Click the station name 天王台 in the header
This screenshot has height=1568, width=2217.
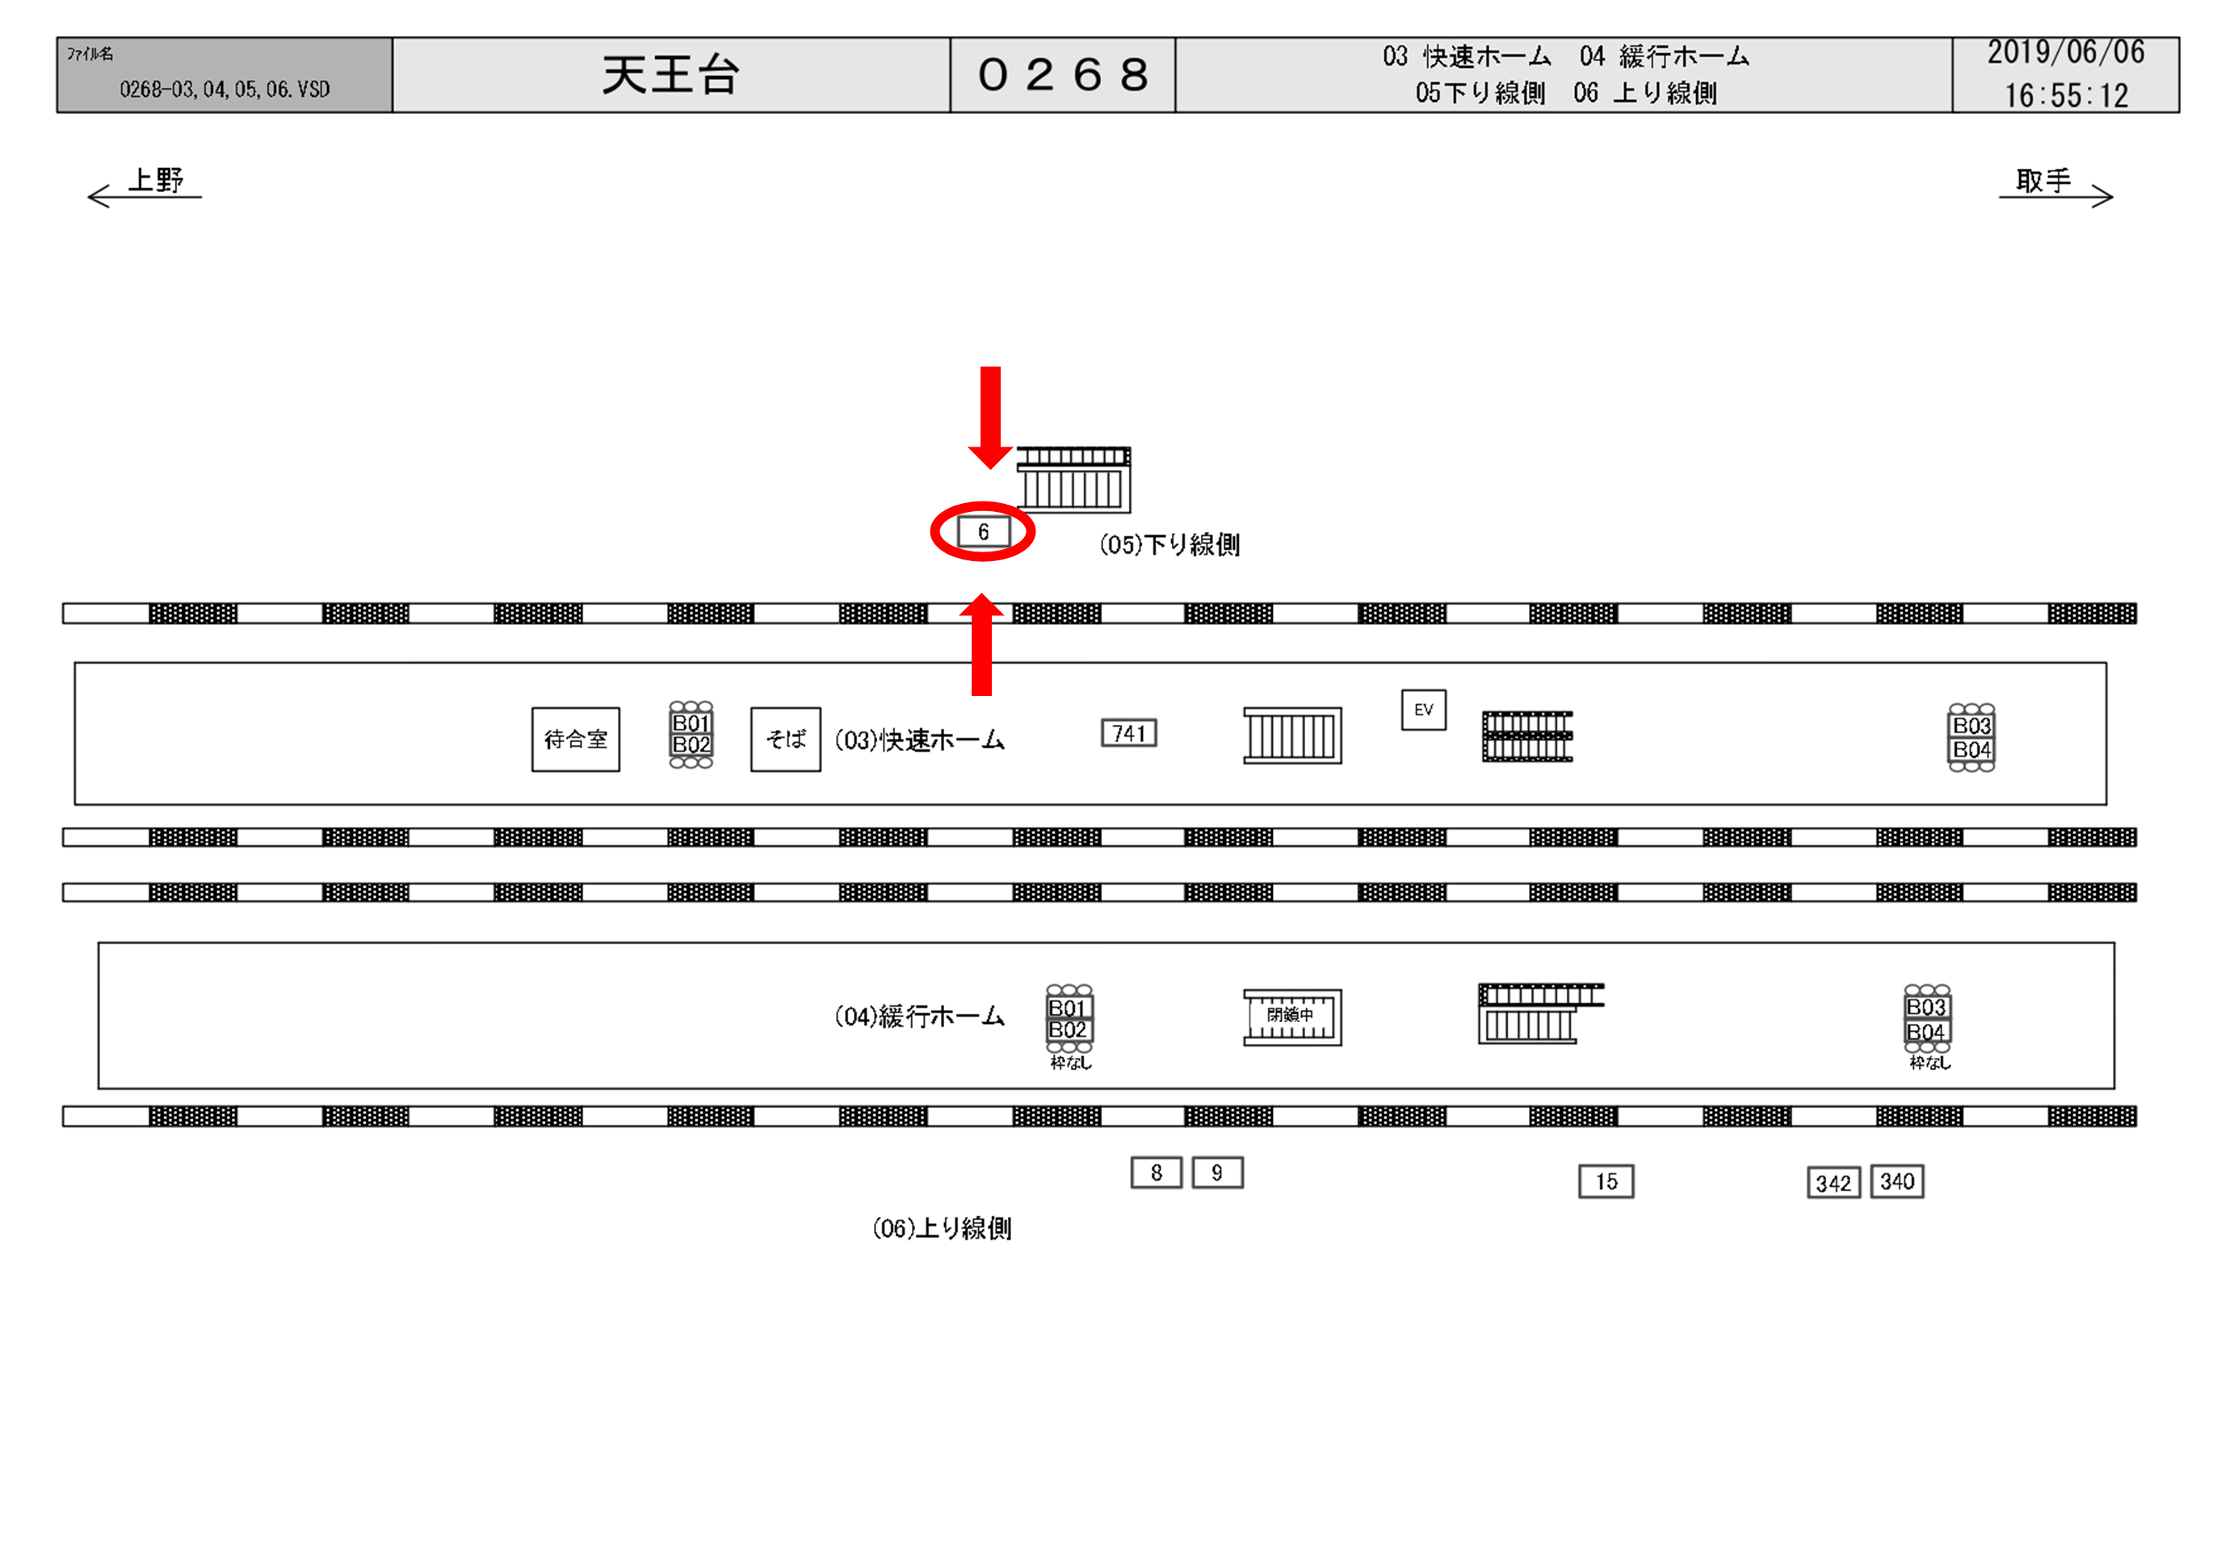click(x=670, y=75)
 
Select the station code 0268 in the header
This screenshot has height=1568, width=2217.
click(x=1062, y=75)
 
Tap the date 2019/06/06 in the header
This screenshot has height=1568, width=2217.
click(x=2065, y=52)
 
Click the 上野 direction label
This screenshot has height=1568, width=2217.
click(x=155, y=181)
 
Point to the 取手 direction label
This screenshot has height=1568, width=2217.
click(x=2043, y=181)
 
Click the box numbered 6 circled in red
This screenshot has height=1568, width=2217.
click(x=983, y=532)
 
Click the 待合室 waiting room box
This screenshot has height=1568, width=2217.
click(x=576, y=740)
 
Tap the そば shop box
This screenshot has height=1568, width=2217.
click(x=785, y=740)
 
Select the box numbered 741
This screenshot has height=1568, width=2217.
click(x=1129, y=734)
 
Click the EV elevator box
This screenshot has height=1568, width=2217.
click(x=1423, y=710)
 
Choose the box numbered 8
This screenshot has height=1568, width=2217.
click(x=1156, y=1173)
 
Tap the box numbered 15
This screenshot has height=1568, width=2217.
click(x=1606, y=1182)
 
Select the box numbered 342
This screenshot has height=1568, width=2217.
click(x=1833, y=1183)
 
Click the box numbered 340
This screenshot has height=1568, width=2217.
click(x=1896, y=1182)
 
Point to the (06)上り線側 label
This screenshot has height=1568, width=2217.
click(x=942, y=1228)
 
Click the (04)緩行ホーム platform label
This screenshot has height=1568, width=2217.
click(x=919, y=1017)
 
